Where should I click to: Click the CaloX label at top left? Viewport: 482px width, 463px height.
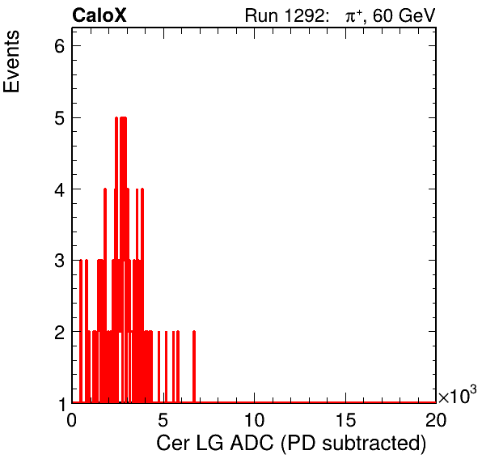coord(99,15)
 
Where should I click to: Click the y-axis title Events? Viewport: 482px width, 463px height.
coord(11,62)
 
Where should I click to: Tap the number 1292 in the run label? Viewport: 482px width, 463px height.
coord(303,15)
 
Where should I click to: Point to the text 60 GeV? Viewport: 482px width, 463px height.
coord(404,15)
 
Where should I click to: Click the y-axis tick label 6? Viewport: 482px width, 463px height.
coord(60,46)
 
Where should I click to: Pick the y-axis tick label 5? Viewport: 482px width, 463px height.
coord(60,118)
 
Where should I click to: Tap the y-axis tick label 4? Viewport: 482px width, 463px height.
coord(60,189)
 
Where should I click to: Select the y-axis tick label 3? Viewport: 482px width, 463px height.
coord(60,261)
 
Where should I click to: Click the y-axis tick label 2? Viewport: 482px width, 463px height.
coord(60,332)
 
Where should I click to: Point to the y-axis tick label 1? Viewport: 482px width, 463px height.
coord(62,404)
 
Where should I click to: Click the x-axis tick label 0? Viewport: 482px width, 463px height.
coord(72,420)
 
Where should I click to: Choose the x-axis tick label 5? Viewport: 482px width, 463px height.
coord(163,420)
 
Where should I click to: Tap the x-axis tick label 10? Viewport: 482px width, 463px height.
coord(254,420)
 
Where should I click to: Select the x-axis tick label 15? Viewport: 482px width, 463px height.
coord(345,420)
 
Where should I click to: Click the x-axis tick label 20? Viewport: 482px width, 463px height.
coord(436,420)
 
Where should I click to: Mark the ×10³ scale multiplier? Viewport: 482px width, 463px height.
coord(458,395)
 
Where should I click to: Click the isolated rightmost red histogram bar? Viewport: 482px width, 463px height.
coord(194,367)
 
